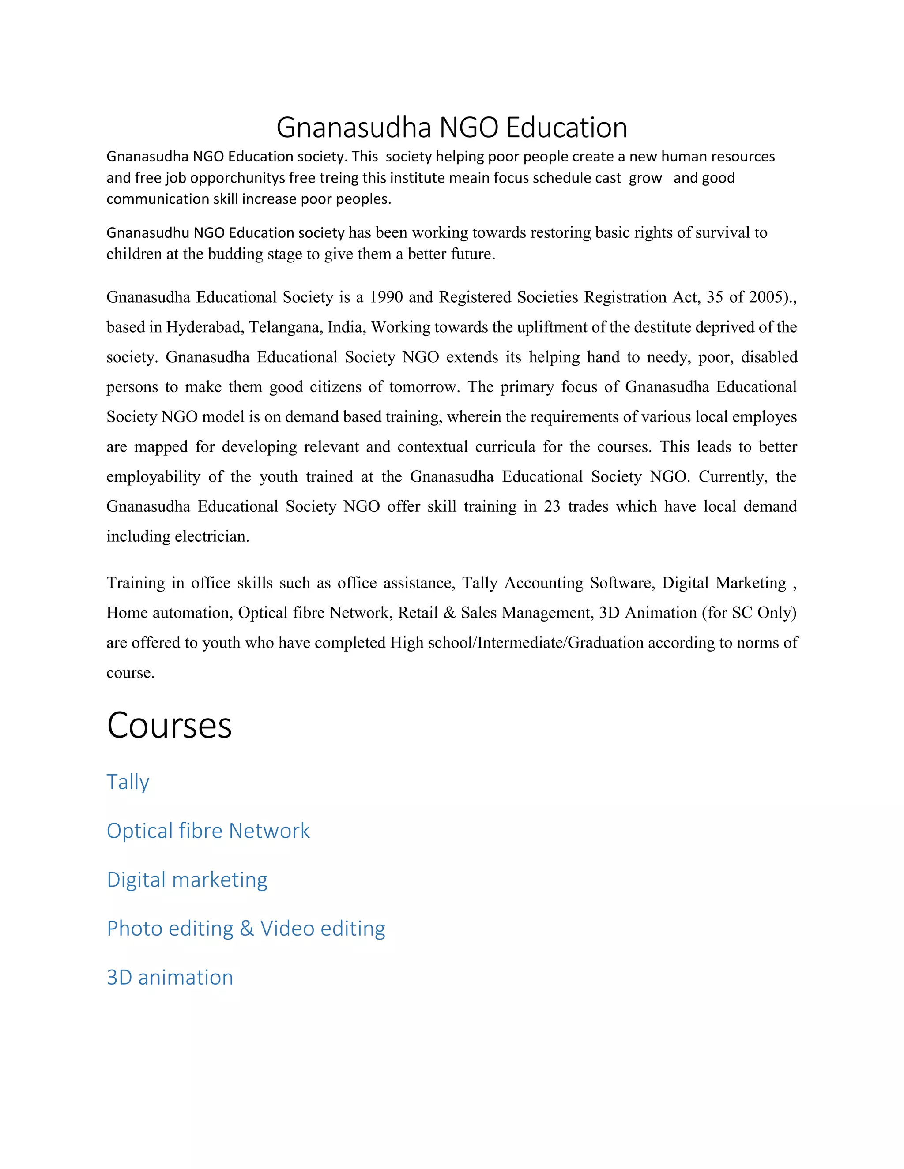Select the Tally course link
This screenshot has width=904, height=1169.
pyautogui.click(x=128, y=782)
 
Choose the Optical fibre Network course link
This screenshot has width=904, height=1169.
pyautogui.click(x=208, y=831)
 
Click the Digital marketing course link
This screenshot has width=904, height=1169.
pyautogui.click(x=187, y=880)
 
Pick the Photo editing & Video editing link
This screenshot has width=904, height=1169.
pyautogui.click(x=246, y=929)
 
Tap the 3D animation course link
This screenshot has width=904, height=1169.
pyautogui.click(x=170, y=978)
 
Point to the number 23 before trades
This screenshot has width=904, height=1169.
pyautogui.click(x=552, y=506)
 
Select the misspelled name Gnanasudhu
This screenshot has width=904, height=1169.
pyautogui.click(x=148, y=233)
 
